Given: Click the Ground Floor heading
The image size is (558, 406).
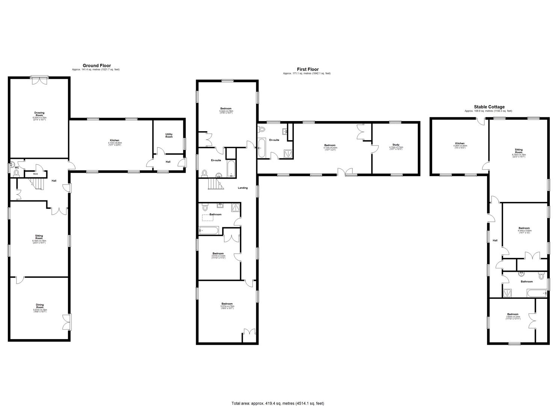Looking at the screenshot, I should pyautogui.click(x=97, y=65).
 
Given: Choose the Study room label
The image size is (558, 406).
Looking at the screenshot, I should pyautogui.click(x=396, y=144).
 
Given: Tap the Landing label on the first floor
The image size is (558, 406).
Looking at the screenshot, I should pyautogui.click(x=243, y=188).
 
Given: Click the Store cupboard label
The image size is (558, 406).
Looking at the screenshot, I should pyautogui.click(x=36, y=174).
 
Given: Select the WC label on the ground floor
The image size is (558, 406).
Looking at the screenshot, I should pyautogui.click(x=17, y=168).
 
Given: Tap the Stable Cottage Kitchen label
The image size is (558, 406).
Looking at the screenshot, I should pyautogui.click(x=460, y=143).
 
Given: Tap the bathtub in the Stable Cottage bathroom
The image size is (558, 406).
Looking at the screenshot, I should pyautogui.click(x=536, y=293).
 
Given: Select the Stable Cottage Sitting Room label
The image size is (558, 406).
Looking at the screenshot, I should pyautogui.click(x=519, y=152).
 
